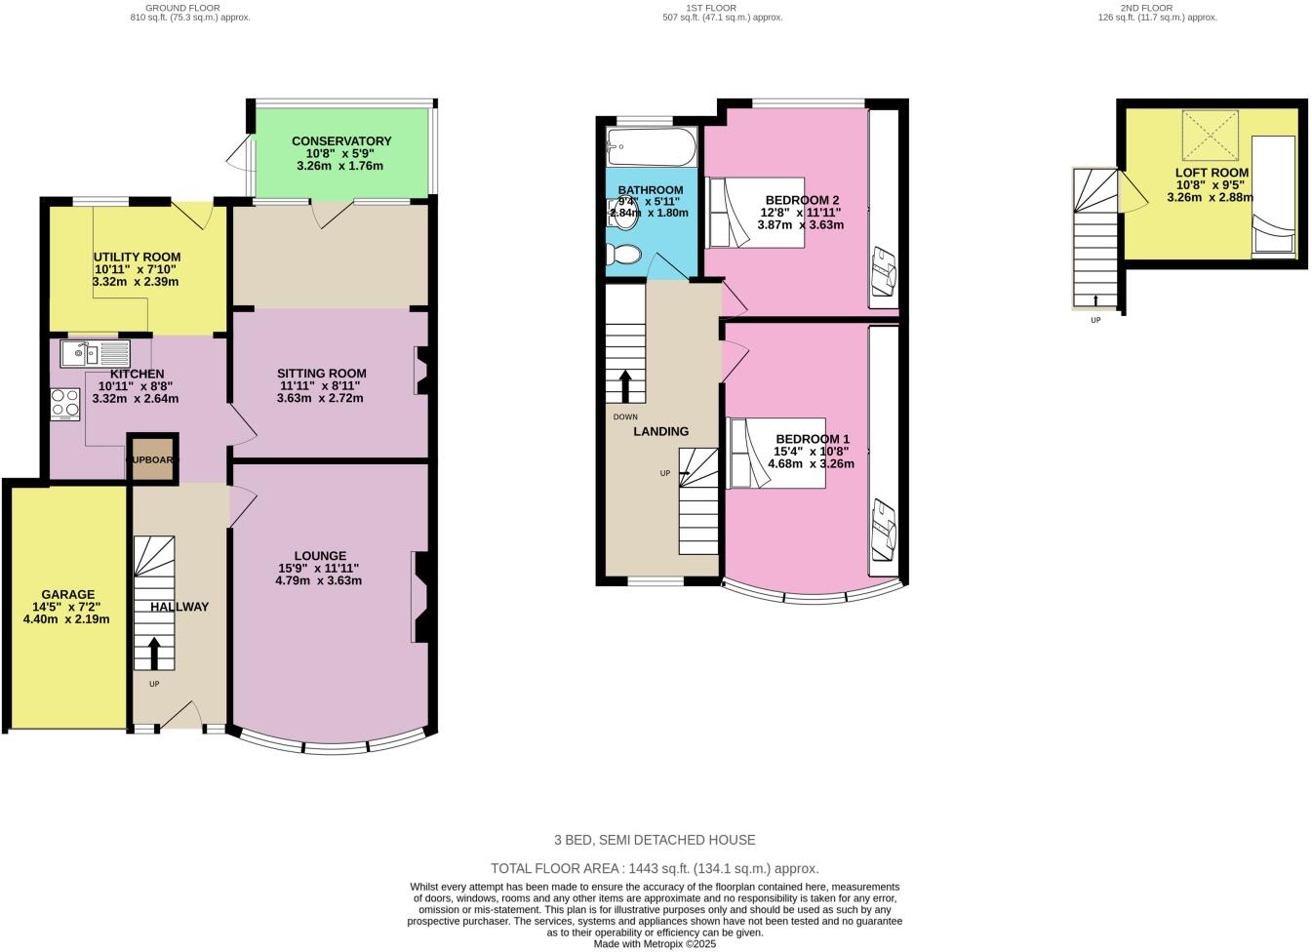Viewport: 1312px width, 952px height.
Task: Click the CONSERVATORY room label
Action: point(341,141)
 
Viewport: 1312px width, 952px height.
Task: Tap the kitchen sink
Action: point(95,353)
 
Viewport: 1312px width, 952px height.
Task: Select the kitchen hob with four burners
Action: point(65,404)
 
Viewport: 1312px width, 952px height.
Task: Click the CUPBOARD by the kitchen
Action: point(152,459)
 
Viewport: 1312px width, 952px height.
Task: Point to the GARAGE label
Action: point(67,594)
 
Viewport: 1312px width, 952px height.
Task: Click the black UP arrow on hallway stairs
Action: point(154,651)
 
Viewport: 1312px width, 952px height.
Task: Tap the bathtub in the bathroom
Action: point(651,148)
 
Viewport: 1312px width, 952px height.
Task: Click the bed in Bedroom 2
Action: point(755,213)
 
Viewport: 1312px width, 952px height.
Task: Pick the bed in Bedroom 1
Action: point(775,453)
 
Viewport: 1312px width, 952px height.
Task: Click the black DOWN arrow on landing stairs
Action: point(625,385)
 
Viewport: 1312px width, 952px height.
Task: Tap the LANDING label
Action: point(660,431)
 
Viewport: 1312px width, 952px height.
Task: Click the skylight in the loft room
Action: point(1210,136)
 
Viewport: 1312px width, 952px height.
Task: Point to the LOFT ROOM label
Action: point(1212,173)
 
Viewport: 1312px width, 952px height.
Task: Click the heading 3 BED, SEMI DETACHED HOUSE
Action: point(655,840)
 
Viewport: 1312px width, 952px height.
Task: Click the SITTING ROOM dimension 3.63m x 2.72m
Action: point(320,398)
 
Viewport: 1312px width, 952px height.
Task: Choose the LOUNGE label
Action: point(320,556)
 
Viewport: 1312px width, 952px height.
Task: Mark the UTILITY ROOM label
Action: point(137,258)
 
